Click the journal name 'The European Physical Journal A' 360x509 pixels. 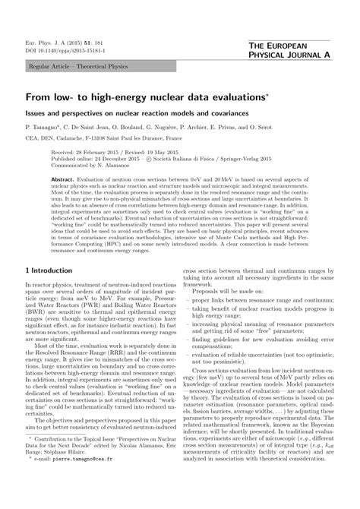pos(296,52)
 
